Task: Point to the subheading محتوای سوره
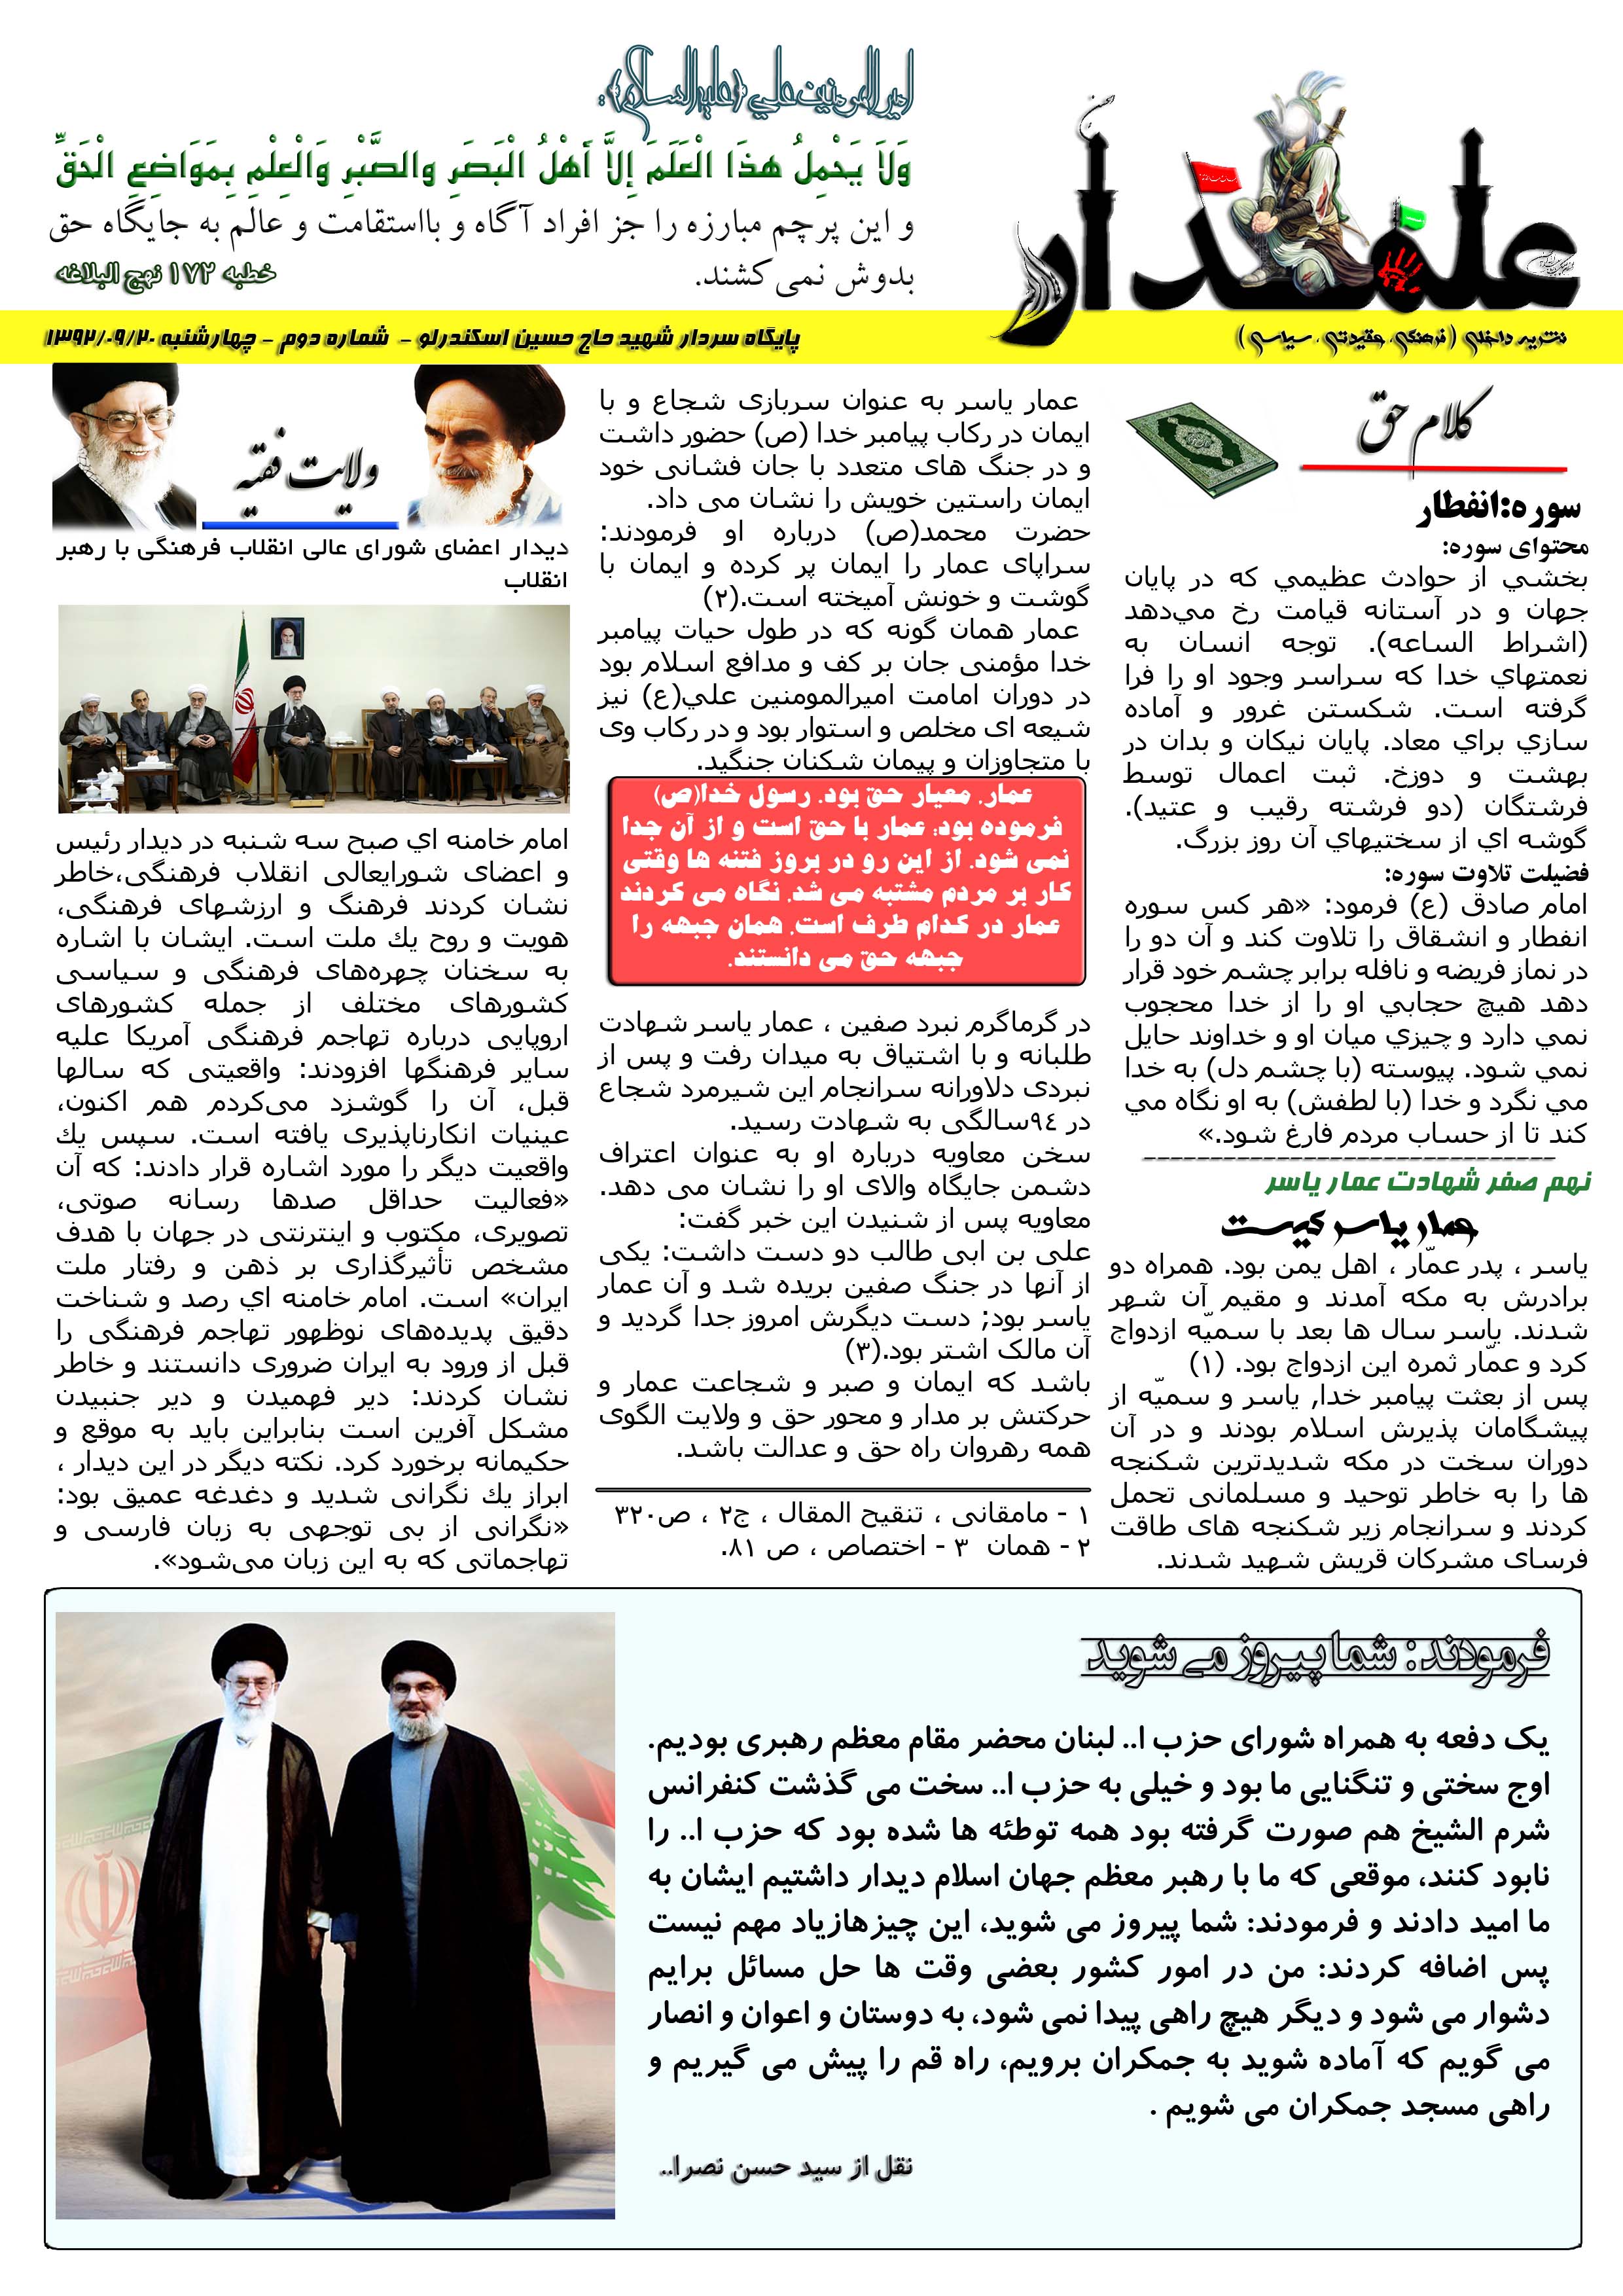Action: click(1515, 547)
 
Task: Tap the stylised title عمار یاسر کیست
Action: click(1350, 1225)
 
